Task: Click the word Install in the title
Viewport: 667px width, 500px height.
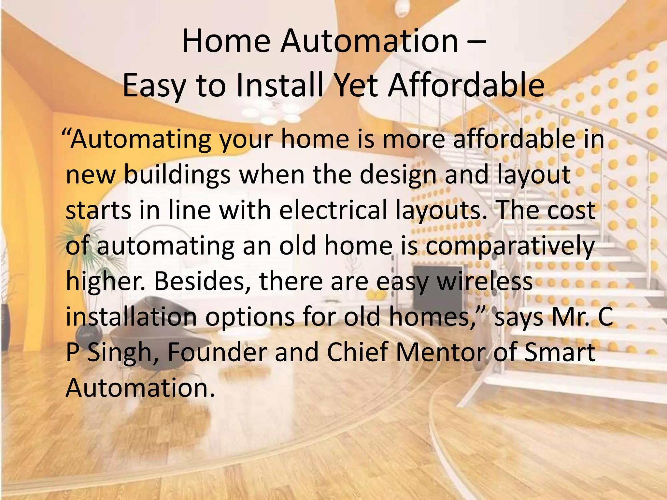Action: pyautogui.click(x=280, y=85)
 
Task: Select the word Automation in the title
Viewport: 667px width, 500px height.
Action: pyautogui.click(x=369, y=41)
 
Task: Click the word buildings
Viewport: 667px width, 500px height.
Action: pyautogui.click(x=177, y=175)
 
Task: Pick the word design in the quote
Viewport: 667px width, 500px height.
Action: pyautogui.click(x=398, y=175)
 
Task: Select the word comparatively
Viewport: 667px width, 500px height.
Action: pyautogui.click(x=510, y=246)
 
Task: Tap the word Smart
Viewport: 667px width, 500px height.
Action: pyautogui.click(x=560, y=352)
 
